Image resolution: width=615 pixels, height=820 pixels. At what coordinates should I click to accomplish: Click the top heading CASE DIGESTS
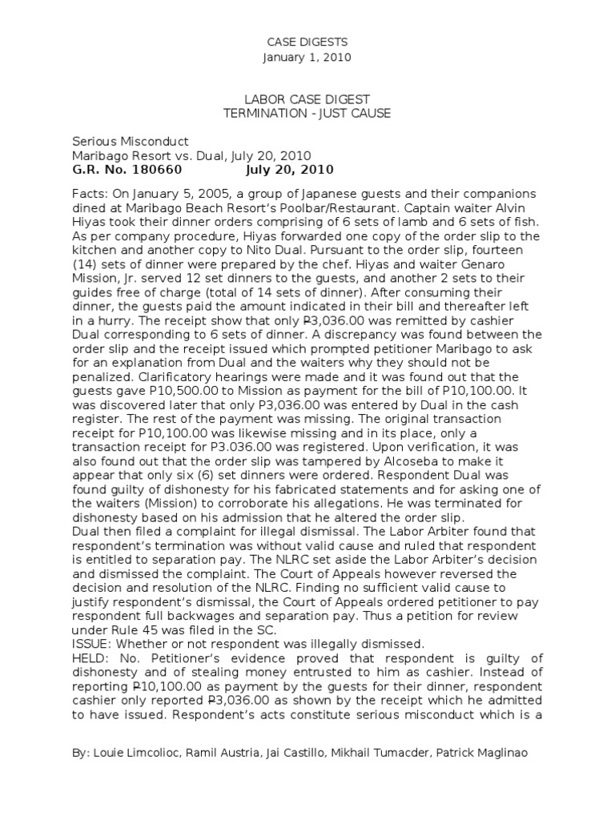pyautogui.click(x=307, y=42)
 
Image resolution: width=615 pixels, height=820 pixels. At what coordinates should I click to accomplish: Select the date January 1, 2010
pyautogui.click(x=307, y=58)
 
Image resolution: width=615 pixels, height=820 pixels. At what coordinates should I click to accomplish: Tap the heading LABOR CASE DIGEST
pyautogui.click(x=307, y=99)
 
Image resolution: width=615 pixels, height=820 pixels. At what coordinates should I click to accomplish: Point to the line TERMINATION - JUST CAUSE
pyautogui.click(x=307, y=114)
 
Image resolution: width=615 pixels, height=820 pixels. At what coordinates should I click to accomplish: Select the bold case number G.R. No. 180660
pyautogui.click(x=128, y=170)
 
